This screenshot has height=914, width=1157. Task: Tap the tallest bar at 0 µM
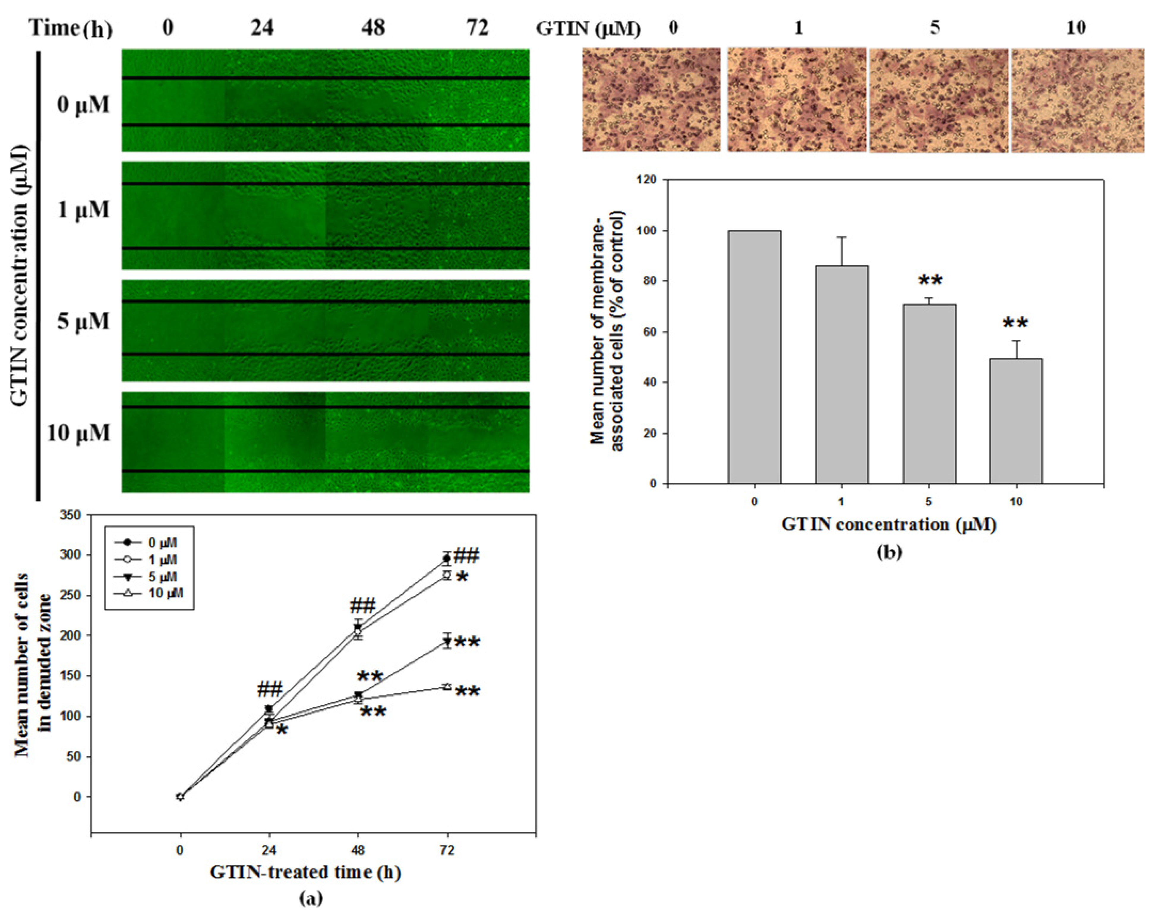[x=754, y=357]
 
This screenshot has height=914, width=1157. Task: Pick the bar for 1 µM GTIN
[x=841, y=375]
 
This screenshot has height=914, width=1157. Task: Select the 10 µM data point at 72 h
[x=447, y=686]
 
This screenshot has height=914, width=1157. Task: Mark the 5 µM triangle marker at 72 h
[x=447, y=641]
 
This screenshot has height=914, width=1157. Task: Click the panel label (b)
[x=888, y=552]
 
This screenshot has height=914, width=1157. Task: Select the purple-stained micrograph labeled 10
[x=1077, y=100]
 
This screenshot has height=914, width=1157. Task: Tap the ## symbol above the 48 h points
[x=363, y=606]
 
